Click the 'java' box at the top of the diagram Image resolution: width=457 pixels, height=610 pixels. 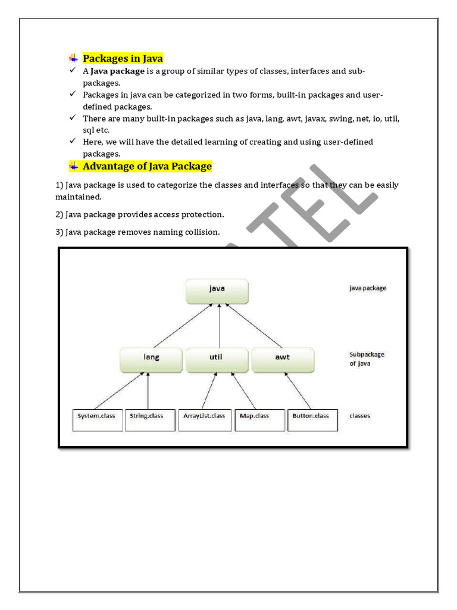217,290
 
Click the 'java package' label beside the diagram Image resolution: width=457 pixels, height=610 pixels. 367,288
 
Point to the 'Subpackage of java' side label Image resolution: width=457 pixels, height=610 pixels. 367,359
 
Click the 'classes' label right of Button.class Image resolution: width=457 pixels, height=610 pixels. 360,416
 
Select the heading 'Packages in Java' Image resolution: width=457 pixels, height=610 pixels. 123,58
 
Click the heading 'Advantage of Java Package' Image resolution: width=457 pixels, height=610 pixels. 147,166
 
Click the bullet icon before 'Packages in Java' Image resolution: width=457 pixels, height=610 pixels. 73,58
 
